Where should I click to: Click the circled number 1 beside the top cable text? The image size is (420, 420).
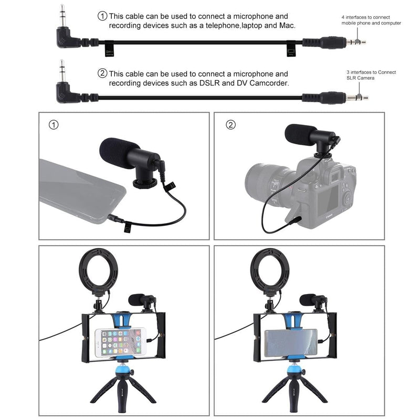[x=103, y=16]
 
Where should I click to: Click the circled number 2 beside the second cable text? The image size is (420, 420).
[x=103, y=73]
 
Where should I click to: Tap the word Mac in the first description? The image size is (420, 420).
[x=287, y=25]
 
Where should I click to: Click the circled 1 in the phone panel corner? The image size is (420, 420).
[x=52, y=125]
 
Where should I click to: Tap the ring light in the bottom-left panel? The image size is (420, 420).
[x=99, y=273]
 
